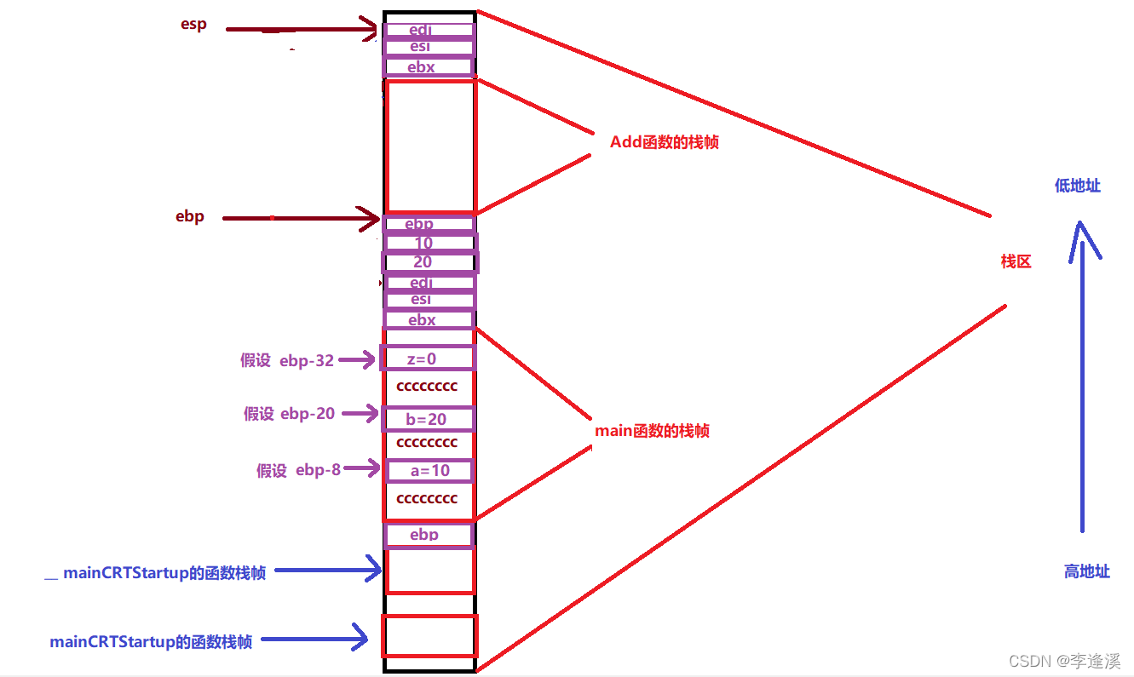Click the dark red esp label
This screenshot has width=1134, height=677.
point(193,25)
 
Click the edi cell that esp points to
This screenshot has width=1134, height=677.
point(429,30)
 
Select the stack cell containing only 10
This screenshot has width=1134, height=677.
point(429,243)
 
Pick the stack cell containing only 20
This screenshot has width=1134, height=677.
point(429,262)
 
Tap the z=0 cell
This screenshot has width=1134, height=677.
point(428,359)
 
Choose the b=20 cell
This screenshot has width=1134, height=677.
point(428,419)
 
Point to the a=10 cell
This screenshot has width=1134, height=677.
point(429,470)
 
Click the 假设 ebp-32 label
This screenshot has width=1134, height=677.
point(287,360)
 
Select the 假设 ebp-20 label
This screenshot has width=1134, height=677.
point(290,414)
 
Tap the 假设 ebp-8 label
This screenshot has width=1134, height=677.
point(298,470)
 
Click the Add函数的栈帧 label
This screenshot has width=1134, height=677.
point(665,142)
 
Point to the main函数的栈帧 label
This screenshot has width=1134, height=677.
point(652,431)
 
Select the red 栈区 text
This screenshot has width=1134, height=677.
point(1016,261)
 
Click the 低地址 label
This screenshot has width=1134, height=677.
point(1077,186)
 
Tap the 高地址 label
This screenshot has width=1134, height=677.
point(1086,571)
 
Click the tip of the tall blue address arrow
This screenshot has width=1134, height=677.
point(1081,225)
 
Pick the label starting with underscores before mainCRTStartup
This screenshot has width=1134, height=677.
point(154,573)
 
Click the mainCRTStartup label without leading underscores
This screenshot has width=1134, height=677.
point(151,642)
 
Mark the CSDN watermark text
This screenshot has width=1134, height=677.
point(1064,661)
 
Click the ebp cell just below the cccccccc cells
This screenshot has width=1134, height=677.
point(428,535)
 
